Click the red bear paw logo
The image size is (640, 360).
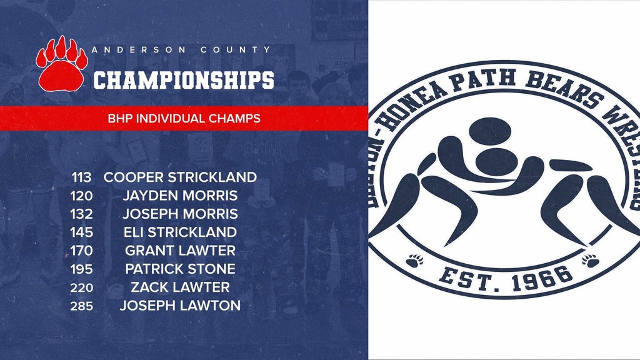(62, 64)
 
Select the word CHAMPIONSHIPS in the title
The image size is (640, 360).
(184, 80)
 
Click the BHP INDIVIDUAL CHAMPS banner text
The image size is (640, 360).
(184, 118)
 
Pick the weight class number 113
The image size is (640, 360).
(82, 177)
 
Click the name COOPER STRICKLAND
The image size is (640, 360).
(180, 177)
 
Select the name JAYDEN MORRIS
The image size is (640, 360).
(180, 196)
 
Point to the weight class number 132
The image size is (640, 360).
(82, 214)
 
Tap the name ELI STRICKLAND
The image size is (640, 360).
(180, 232)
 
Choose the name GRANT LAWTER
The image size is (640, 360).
(180, 250)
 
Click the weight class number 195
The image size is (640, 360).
(82, 269)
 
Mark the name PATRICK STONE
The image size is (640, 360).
(180, 269)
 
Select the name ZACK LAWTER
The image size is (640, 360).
(180, 287)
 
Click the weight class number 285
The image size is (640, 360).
(82, 306)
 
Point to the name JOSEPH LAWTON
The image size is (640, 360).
(180, 305)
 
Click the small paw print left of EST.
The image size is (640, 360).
(415, 261)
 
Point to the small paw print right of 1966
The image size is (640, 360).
(590, 261)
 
